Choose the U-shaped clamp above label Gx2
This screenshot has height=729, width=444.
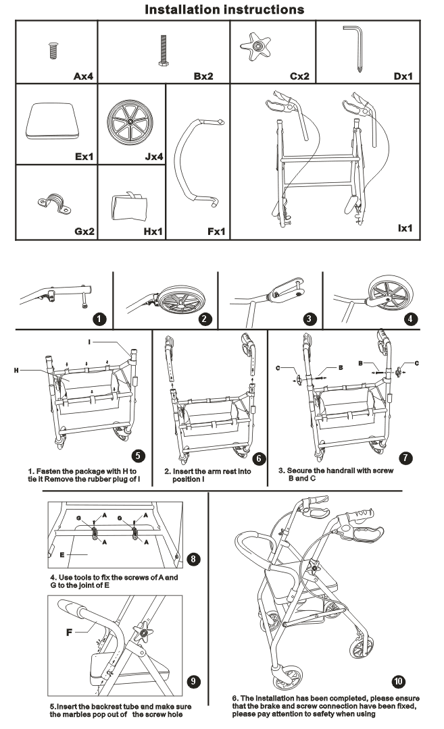[51, 202]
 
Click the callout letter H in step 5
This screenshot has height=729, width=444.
[16, 370]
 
